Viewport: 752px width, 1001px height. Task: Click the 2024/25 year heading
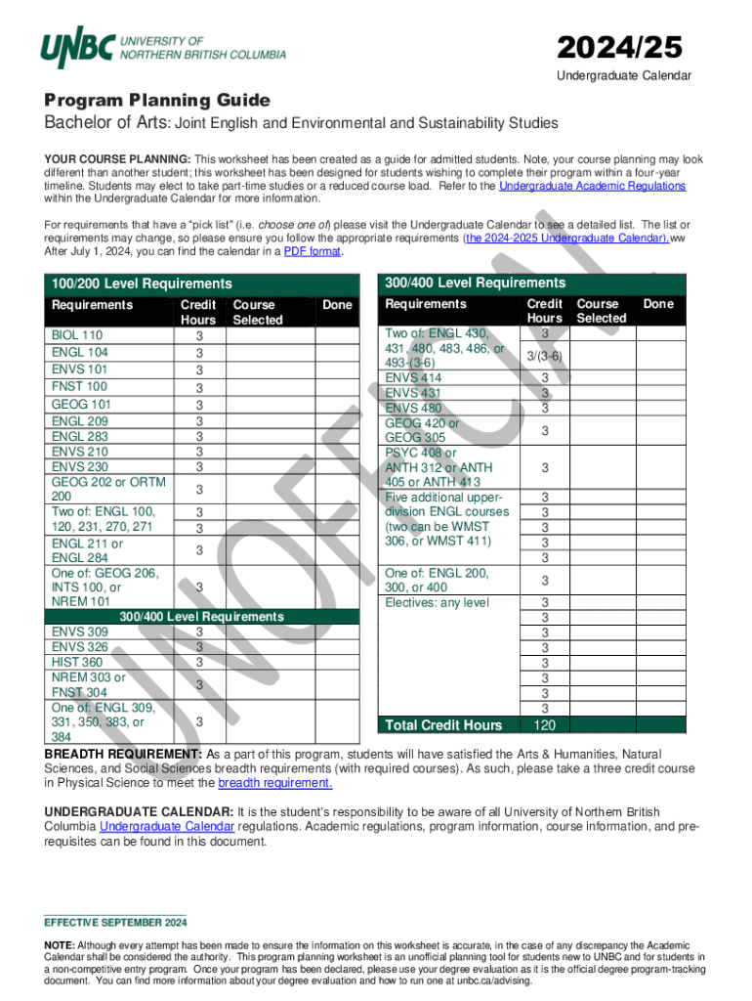click(619, 47)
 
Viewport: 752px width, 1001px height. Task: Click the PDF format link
click(312, 251)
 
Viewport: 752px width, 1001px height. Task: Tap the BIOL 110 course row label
click(77, 335)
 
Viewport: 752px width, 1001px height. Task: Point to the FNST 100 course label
click(79, 386)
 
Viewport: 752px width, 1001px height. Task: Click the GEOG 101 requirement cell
click(81, 404)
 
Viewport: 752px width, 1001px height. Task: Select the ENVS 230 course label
click(80, 467)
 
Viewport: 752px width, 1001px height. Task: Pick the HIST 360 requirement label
click(77, 663)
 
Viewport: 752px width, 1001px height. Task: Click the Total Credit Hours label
click(443, 724)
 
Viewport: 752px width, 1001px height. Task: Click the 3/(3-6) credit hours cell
click(544, 356)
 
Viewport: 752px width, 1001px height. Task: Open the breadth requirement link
click(275, 783)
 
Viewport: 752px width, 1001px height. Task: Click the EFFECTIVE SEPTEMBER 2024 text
click(115, 923)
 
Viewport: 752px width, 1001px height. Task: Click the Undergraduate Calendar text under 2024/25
click(624, 76)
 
